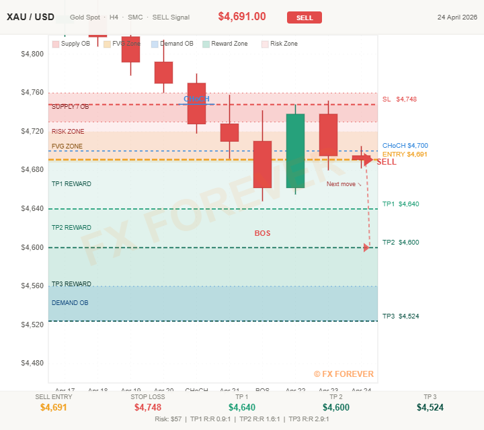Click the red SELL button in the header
(x=305, y=17)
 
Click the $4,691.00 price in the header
(x=242, y=17)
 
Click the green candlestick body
(x=295, y=151)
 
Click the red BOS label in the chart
(x=262, y=233)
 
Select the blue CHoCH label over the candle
(x=196, y=99)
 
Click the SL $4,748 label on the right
(x=399, y=99)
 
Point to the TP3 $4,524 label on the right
(x=400, y=316)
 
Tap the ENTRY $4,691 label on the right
(x=405, y=155)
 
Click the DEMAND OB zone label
(x=70, y=303)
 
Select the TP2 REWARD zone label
(x=71, y=228)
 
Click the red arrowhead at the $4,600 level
(x=366, y=247)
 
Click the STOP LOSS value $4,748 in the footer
(x=148, y=407)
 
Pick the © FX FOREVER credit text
(x=343, y=374)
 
